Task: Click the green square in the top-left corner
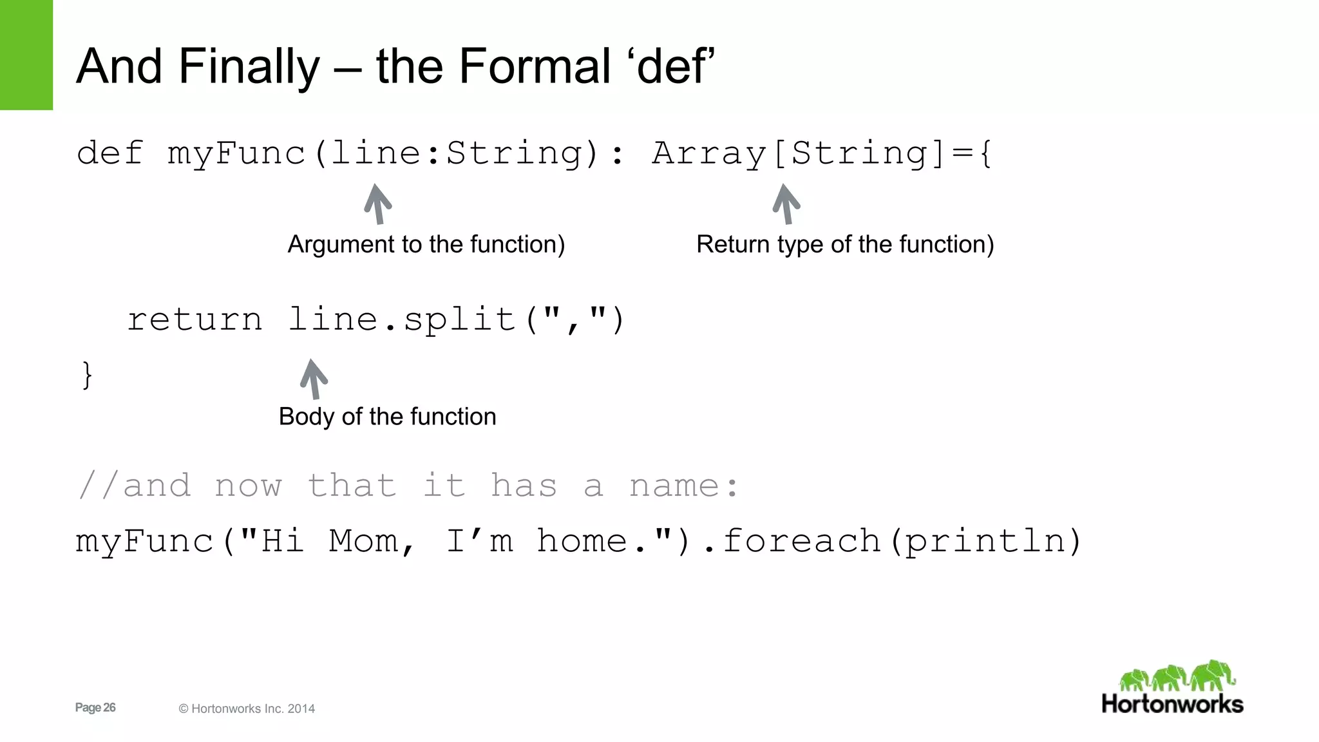(x=26, y=55)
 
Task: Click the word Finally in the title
(x=249, y=66)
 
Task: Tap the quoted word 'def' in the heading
(x=676, y=66)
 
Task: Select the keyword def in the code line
(x=109, y=153)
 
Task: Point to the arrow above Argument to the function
(x=378, y=204)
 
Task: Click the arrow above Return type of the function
(x=786, y=204)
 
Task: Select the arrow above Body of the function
(x=314, y=379)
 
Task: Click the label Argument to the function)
(x=426, y=245)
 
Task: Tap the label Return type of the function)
(x=845, y=245)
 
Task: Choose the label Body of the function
(x=387, y=417)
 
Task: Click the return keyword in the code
(x=195, y=320)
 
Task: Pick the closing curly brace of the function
(x=87, y=375)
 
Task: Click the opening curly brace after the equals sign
(x=985, y=154)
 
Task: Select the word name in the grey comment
(x=674, y=486)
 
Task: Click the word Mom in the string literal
(x=363, y=541)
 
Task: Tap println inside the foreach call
(x=985, y=541)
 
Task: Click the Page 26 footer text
(x=95, y=708)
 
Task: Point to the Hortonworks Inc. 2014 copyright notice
(x=247, y=709)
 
